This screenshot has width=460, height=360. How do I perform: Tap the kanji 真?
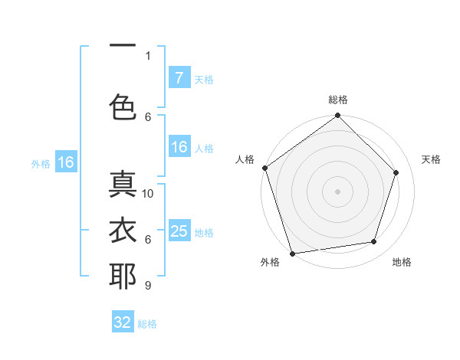click(123, 185)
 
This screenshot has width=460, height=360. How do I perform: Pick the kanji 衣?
click(123, 230)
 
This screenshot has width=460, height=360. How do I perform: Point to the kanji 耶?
click(123, 276)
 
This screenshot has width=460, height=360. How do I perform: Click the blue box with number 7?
click(179, 78)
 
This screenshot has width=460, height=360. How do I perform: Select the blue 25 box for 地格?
click(179, 231)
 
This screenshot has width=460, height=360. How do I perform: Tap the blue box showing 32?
click(123, 322)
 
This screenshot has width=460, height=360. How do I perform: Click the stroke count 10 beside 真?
click(148, 194)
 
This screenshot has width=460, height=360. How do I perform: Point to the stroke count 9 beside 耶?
click(147, 286)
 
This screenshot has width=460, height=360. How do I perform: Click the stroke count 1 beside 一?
click(148, 55)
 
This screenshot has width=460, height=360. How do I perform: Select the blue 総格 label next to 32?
click(147, 324)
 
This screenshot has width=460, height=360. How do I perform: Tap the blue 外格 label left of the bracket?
click(41, 163)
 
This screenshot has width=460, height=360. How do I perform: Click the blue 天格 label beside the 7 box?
click(204, 80)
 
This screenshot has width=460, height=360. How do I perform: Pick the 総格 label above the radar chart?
click(337, 100)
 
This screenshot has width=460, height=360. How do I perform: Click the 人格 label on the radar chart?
click(245, 159)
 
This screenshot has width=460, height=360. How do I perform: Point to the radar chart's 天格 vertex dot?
click(396, 172)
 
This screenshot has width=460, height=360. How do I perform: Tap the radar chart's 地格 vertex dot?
click(374, 242)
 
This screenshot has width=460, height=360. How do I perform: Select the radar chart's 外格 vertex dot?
click(292, 253)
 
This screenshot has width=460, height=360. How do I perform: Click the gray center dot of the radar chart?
click(337, 191)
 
